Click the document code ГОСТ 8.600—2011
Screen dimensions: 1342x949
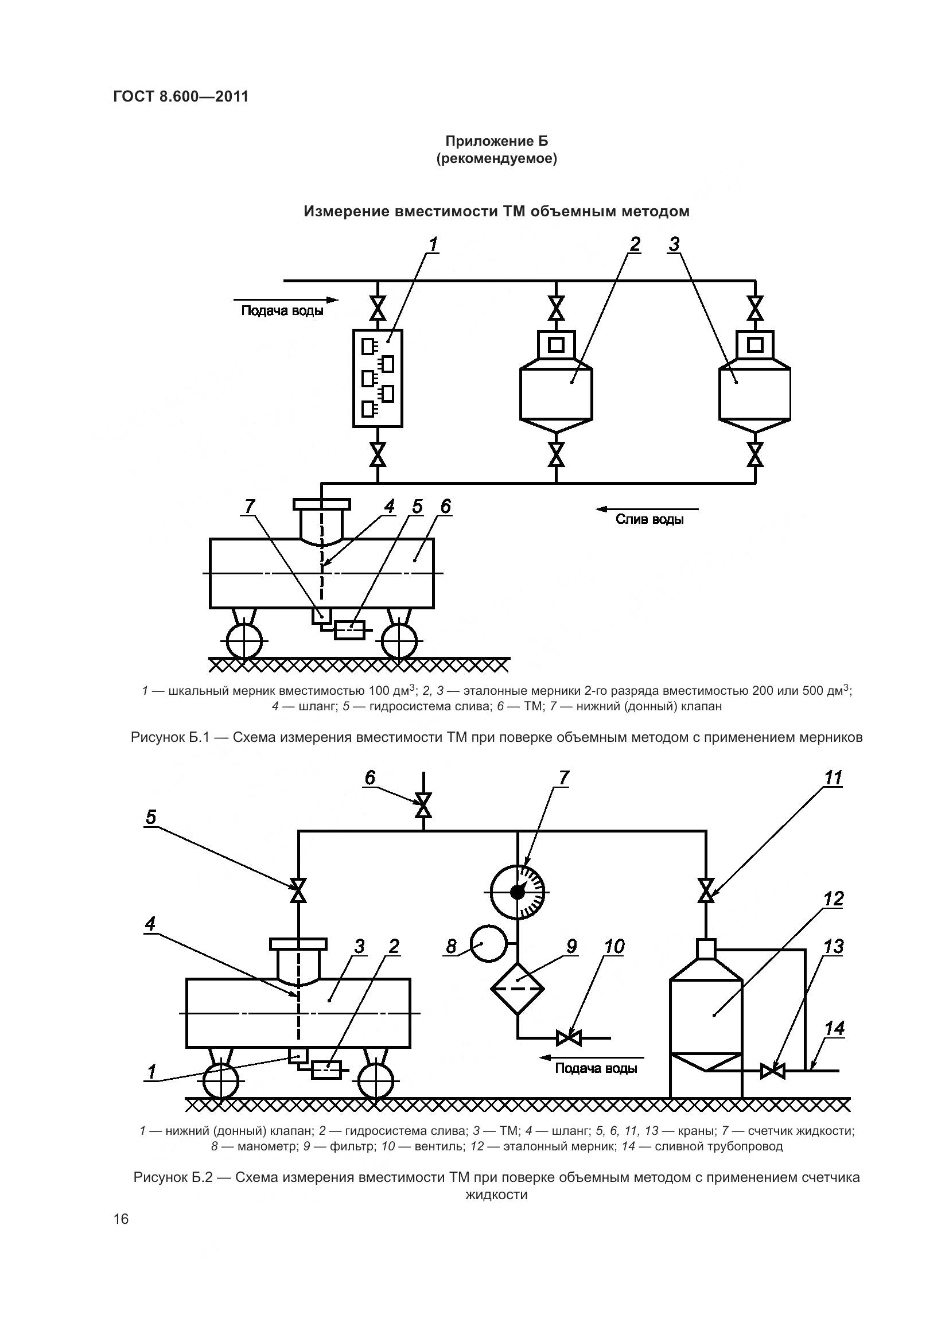181,96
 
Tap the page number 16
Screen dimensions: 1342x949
121,1219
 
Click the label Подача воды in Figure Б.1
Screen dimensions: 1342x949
282,310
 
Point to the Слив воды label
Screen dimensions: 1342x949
649,519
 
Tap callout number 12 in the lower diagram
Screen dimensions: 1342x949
833,899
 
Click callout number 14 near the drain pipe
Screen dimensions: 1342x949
834,1028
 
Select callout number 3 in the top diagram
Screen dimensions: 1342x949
674,244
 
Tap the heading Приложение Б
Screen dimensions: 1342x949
497,141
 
